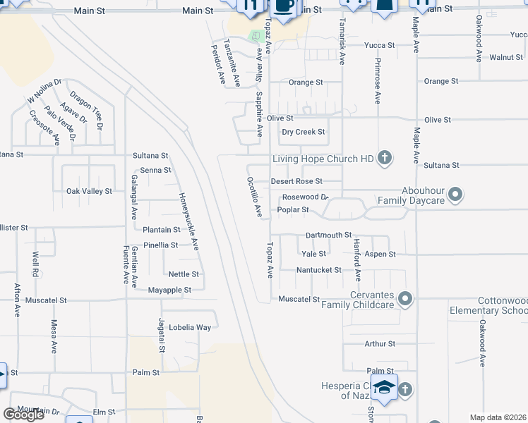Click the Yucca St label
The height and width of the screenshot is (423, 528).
coord(379,45)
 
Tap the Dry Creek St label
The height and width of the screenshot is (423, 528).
coord(303,132)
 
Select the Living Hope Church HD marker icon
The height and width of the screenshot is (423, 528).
coord(384,158)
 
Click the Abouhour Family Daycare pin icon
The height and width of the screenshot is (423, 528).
coord(455,194)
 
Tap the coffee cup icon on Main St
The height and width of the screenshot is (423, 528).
coord(284,6)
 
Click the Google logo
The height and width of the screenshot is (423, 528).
coord(23,415)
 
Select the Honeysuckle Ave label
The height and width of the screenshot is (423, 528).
coord(188,222)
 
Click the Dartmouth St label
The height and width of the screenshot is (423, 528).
coord(328,235)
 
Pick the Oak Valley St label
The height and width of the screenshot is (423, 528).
coord(89,191)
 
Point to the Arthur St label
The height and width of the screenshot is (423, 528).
coord(380,344)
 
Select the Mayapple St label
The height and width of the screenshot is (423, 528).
coord(169,290)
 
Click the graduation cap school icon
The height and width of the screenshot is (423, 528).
coord(385,388)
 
